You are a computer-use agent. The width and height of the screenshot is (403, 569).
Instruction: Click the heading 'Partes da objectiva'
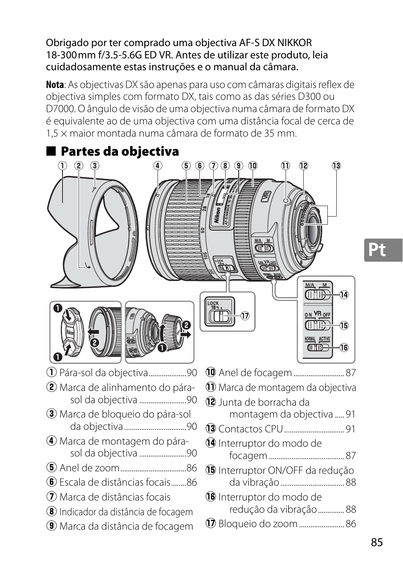click(x=120, y=151)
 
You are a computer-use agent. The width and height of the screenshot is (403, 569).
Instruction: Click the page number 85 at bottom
click(x=377, y=542)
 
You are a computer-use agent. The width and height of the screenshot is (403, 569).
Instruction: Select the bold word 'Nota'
click(x=55, y=85)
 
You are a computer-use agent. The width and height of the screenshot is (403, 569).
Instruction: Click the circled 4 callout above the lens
click(x=158, y=165)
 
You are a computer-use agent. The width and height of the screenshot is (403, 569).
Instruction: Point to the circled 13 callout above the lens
click(x=336, y=165)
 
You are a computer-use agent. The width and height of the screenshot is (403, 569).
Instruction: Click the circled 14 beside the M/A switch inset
click(x=344, y=295)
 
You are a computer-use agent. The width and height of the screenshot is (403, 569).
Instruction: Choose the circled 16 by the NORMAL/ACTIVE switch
click(x=344, y=347)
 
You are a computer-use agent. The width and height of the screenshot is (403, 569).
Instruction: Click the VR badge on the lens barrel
click(x=266, y=197)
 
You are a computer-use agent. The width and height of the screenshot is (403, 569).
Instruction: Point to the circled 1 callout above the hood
click(x=63, y=165)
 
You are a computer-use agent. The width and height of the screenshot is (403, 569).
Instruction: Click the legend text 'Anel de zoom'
click(x=89, y=467)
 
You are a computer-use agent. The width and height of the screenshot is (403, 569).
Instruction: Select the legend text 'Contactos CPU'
click(x=250, y=429)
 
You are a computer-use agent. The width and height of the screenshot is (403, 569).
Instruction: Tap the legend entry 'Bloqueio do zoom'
click(x=258, y=524)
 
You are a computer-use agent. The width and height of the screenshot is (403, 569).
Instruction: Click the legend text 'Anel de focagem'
click(x=255, y=373)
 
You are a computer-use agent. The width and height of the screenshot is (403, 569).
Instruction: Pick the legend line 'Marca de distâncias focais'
click(x=114, y=497)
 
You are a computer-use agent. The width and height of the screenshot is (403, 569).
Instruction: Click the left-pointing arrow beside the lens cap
click(x=93, y=332)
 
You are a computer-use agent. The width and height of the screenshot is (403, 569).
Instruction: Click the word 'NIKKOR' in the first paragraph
click(x=292, y=43)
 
